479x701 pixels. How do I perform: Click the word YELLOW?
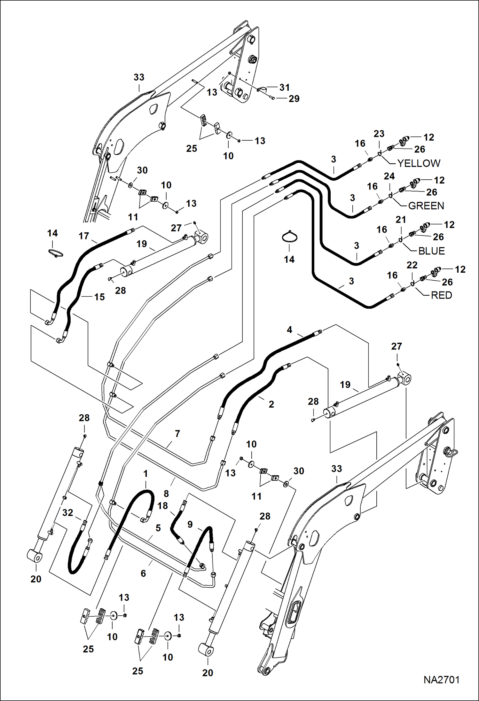click(x=419, y=163)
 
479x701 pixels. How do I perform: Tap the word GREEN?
click(x=426, y=206)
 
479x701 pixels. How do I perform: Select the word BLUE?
click(x=431, y=251)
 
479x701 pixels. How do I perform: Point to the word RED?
click(x=441, y=295)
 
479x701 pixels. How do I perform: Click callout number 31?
click(x=284, y=87)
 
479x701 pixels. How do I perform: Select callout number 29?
click(x=294, y=99)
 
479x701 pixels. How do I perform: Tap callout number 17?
click(x=84, y=236)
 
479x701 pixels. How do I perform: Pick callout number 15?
click(x=99, y=297)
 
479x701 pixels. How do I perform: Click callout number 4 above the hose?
click(x=289, y=330)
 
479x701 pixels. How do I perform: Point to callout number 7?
click(x=177, y=434)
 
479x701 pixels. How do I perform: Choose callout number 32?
click(x=68, y=513)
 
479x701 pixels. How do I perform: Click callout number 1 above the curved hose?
click(x=145, y=474)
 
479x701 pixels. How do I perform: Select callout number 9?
click(x=190, y=524)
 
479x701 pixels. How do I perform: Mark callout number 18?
click(x=162, y=506)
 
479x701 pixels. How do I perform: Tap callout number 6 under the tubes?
click(x=143, y=573)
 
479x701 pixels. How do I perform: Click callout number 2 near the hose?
click(x=271, y=404)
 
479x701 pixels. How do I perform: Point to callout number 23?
click(x=379, y=134)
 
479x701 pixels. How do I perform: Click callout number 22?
click(x=412, y=265)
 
